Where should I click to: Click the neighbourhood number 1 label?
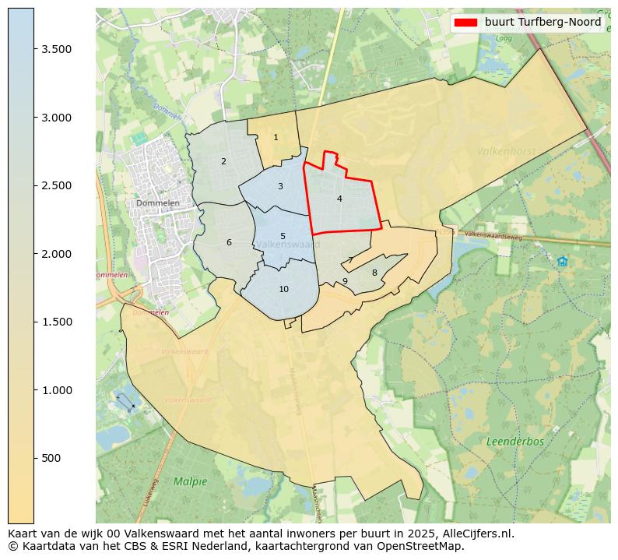coord(276,138)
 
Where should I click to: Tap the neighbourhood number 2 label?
coord(223,162)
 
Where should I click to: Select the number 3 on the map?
coord(280,187)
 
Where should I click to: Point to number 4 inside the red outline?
coord(339,199)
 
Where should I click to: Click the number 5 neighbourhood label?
coord(283,237)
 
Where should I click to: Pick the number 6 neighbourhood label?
coord(229,243)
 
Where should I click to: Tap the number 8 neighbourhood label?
coord(374,273)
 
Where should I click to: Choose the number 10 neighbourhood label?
coord(283,290)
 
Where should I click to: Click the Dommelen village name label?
coord(157,203)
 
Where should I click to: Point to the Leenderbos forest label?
coord(515,442)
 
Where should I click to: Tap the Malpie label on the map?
coord(191,481)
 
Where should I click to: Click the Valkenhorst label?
coord(506,151)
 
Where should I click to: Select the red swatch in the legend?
coord(465,23)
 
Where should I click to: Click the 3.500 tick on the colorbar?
coord(56,49)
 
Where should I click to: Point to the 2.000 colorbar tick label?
coord(56,254)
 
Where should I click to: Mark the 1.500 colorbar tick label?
coord(56,322)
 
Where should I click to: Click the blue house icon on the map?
coord(562,262)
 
